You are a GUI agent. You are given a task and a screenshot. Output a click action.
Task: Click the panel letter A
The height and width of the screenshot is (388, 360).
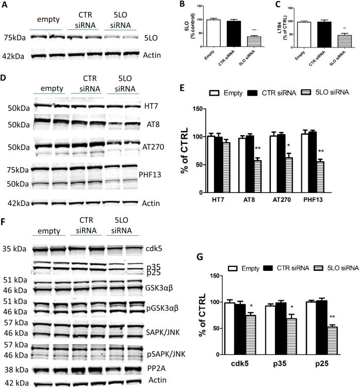pos(5,5)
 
